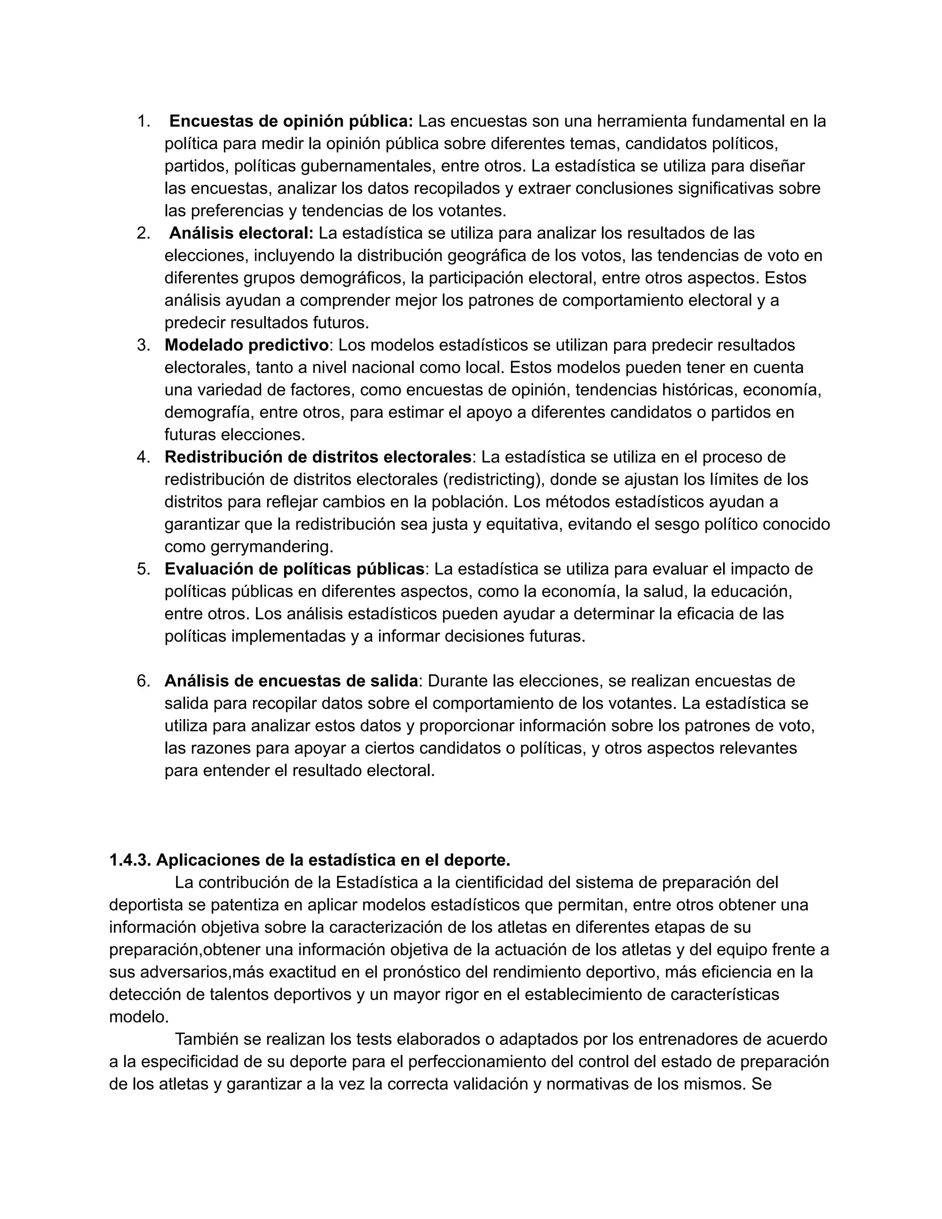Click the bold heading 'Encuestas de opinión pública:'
[x=291, y=121]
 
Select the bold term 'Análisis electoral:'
[x=241, y=233]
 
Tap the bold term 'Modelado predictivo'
[x=246, y=345]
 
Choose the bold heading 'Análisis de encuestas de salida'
[x=291, y=681]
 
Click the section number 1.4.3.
[x=130, y=860]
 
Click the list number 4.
[x=143, y=457]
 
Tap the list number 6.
[x=143, y=681]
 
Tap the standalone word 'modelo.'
[x=139, y=1017]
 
